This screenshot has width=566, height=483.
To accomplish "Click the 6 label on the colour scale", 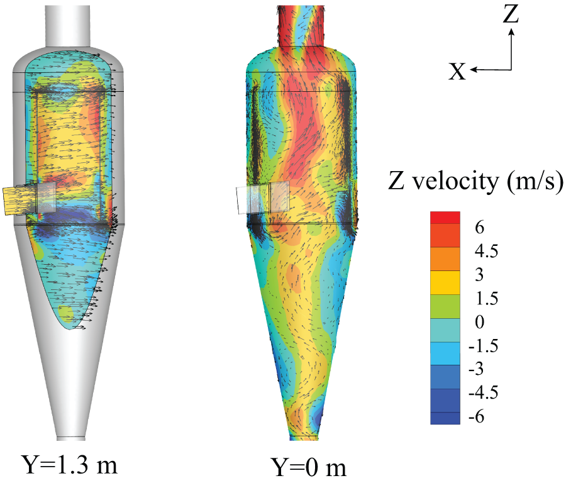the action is click(x=479, y=228).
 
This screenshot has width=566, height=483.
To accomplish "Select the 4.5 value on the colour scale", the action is click(x=486, y=251).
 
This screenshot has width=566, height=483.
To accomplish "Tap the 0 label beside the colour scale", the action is click(x=479, y=322).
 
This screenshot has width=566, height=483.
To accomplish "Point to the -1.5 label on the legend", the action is click(x=484, y=346).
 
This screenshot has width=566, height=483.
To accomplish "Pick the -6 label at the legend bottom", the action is click(x=476, y=416).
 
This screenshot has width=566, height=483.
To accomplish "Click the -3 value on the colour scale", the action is click(x=476, y=369).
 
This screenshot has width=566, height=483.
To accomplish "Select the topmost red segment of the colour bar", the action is click(x=445, y=218).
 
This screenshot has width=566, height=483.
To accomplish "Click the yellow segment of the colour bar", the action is click(x=445, y=282).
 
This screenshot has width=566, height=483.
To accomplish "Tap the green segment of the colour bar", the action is click(x=445, y=306).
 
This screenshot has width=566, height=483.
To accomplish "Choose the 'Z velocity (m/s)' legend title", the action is click(x=475, y=181).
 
